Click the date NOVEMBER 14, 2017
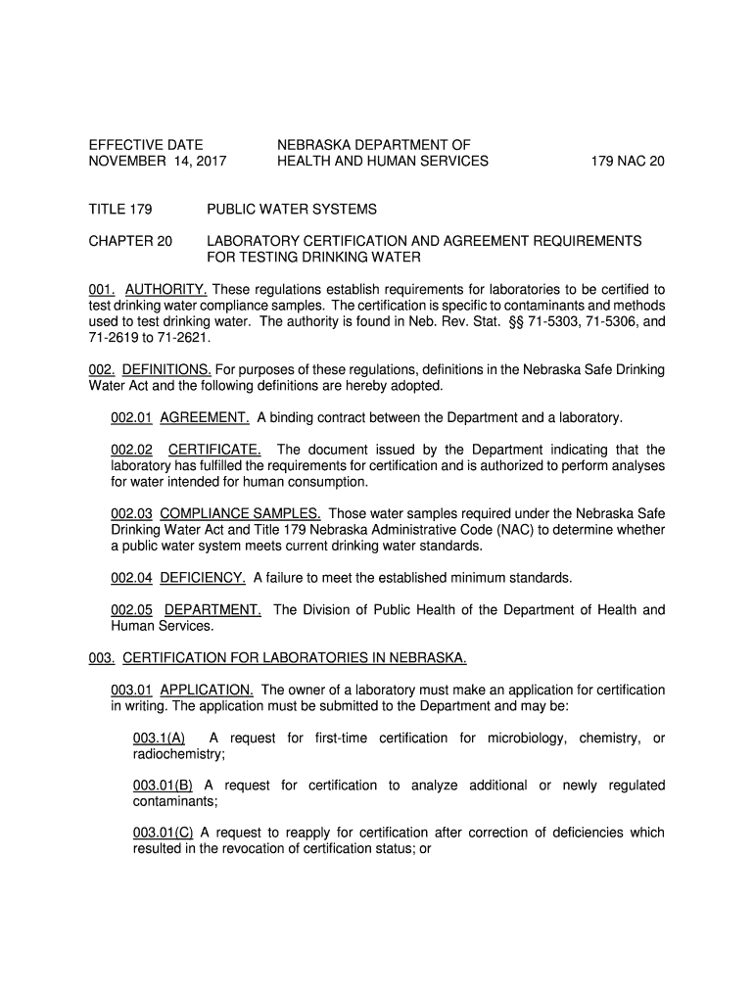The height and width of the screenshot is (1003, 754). pyautogui.click(x=157, y=162)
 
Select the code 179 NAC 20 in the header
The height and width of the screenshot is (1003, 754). pyautogui.click(x=627, y=162)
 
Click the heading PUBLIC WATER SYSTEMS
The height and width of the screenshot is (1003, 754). pyautogui.click(x=292, y=210)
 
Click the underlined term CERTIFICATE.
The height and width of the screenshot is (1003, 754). pyautogui.click(x=214, y=450)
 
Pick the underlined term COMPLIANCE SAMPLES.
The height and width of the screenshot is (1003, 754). pyautogui.click(x=240, y=514)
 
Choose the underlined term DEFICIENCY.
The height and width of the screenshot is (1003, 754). pyautogui.click(x=203, y=578)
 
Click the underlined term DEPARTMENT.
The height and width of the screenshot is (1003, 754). pyautogui.click(x=212, y=610)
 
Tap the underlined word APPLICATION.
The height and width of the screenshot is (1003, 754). pyautogui.click(x=207, y=691)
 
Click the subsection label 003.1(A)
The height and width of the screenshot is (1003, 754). pyautogui.click(x=159, y=739)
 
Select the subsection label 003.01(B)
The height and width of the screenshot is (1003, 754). pyautogui.click(x=163, y=786)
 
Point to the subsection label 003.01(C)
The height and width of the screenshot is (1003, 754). pyautogui.click(x=163, y=834)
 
